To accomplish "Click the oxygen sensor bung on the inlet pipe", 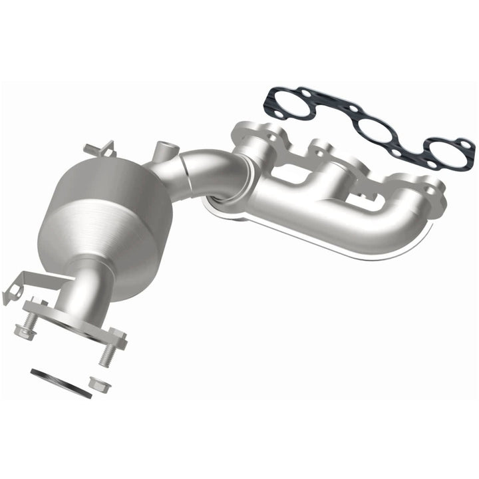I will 162,150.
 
